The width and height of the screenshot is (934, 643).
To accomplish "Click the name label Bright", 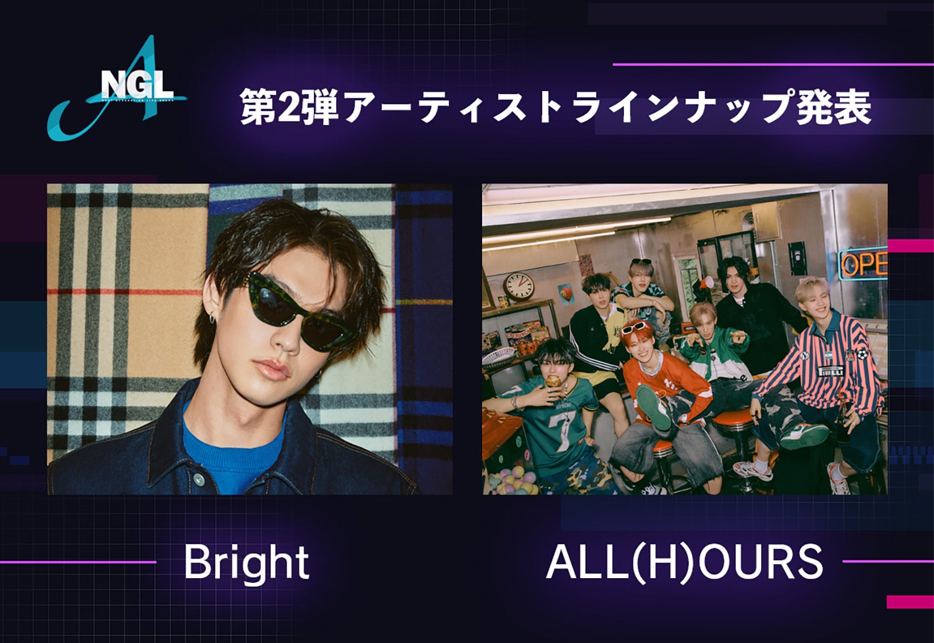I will point(246,563).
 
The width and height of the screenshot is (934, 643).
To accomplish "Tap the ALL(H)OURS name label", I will point(684,563).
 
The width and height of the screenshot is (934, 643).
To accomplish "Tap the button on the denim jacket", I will point(198,480).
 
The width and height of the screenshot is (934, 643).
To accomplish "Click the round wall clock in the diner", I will point(519,286).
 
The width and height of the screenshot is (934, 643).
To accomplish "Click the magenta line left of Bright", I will point(79,562).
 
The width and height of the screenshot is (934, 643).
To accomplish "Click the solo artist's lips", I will point(274,370).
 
